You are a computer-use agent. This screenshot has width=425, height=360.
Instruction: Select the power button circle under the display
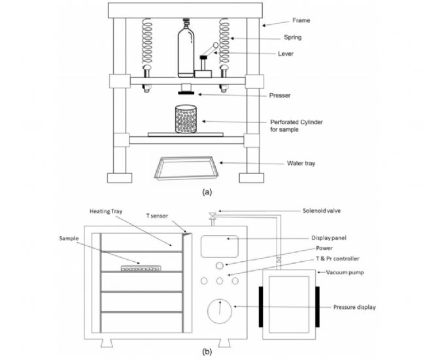click(220, 264)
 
